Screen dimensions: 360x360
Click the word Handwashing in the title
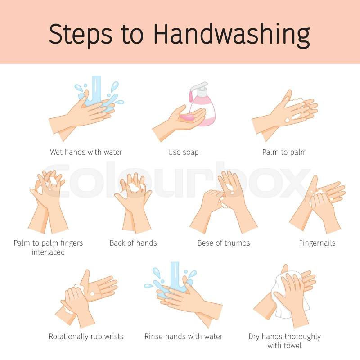pos(232,35)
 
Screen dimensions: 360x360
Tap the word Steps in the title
pos(81,35)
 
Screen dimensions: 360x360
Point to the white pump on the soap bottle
pos(199,88)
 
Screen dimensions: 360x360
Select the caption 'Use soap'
pos(184,152)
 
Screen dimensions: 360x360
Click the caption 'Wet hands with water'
pos(86,152)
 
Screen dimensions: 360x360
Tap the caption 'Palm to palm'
pos(284,152)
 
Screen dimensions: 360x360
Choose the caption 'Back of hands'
pos(133,243)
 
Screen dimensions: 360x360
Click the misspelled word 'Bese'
pos(205,243)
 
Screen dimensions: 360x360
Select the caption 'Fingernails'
pos(317,243)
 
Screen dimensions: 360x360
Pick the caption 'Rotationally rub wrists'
pos(86,337)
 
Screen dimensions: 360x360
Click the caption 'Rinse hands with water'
pos(184,337)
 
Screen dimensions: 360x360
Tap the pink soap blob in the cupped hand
pos(188,118)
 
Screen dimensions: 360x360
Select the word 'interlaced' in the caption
pos(48,252)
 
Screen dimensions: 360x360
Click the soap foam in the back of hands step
pos(133,188)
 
